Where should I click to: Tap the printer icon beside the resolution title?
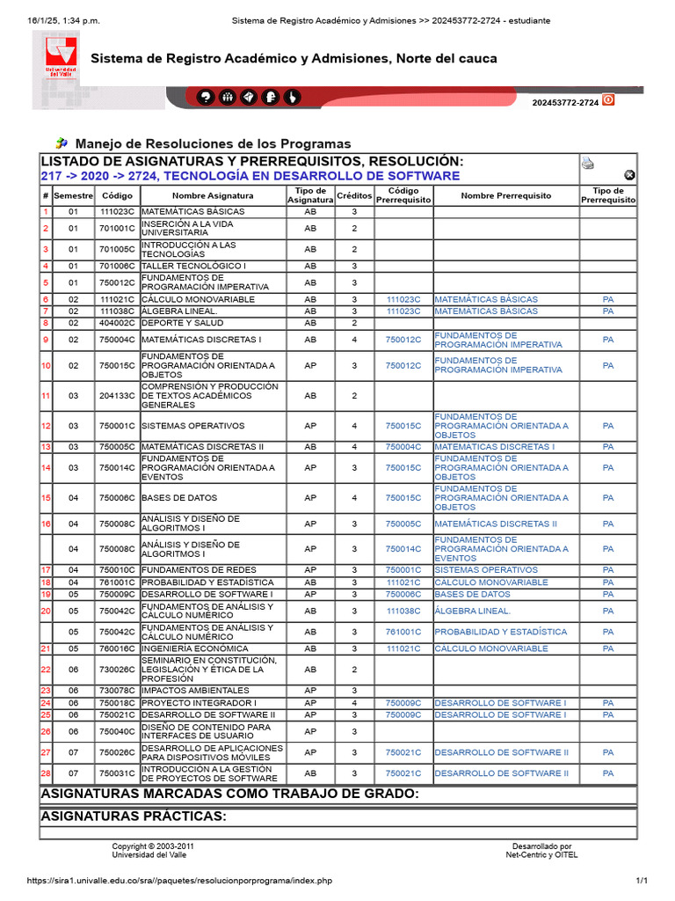point(588,163)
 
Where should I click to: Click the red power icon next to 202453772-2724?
point(608,100)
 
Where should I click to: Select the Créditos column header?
point(354,195)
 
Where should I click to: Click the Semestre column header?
point(74,195)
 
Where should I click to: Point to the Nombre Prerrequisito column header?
point(505,195)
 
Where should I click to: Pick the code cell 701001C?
point(117,229)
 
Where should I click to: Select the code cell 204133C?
point(117,396)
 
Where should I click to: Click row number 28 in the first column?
point(46,773)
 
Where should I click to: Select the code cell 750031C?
point(117,773)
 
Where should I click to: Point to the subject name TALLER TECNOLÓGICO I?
point(193,266)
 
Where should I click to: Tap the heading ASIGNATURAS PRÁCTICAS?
point(134,817)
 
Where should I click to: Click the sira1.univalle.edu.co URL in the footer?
point(167,881)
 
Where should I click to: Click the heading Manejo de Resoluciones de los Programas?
point(213,143)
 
